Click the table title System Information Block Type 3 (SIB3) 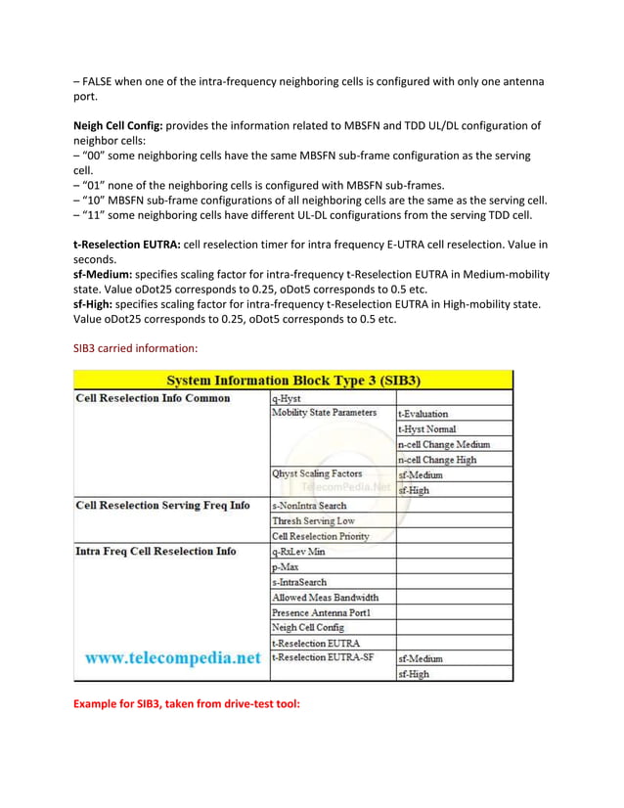tap(293, 380)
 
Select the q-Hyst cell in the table tap(287, 398)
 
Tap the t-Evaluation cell tap(423, 414)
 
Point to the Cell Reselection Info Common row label tap(154, 398)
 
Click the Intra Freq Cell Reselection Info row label tap(156, 551)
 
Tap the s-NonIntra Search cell tap(309, 506)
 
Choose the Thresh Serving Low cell tap(313, 520)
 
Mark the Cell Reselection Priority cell tap(320, 536)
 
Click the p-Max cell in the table tap(286, 566)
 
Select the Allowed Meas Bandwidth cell tap(325, 597)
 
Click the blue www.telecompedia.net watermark tap(172, 658)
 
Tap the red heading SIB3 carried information tap(136, 347)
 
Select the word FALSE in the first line tap(105, 81)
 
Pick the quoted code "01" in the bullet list tap(101, 185)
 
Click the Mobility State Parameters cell tap(324, 413)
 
